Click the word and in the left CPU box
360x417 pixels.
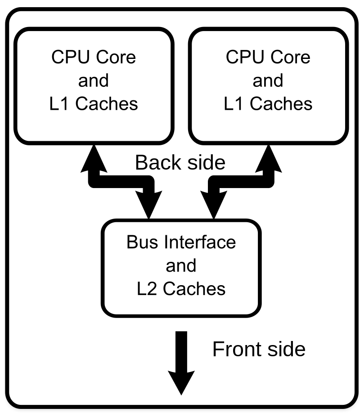pyautogui.click(x=94, y=81)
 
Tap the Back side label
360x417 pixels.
pyautogui.click(x=180, y=162)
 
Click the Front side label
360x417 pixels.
pyautogui.click(x=259, y=349)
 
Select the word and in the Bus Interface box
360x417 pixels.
pyautogui.click(x=181, y=265)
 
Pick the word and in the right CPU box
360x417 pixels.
pyautogui.click(x=268, y=81)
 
